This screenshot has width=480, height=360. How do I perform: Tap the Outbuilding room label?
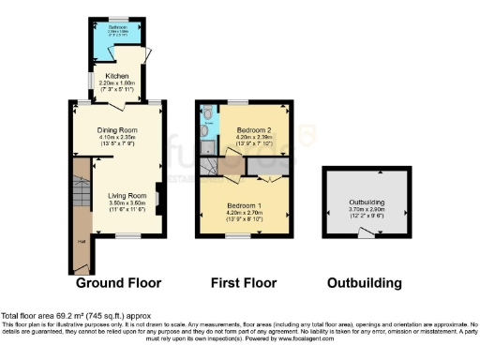point(367,200)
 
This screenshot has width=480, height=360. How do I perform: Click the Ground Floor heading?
point(118,282)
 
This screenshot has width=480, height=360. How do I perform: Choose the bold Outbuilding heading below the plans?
point(365,282)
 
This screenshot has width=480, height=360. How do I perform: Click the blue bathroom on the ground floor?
point(117,36)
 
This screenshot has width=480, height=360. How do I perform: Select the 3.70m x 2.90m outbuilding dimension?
point(367,208)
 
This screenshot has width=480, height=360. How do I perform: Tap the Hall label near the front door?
point(81,243)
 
